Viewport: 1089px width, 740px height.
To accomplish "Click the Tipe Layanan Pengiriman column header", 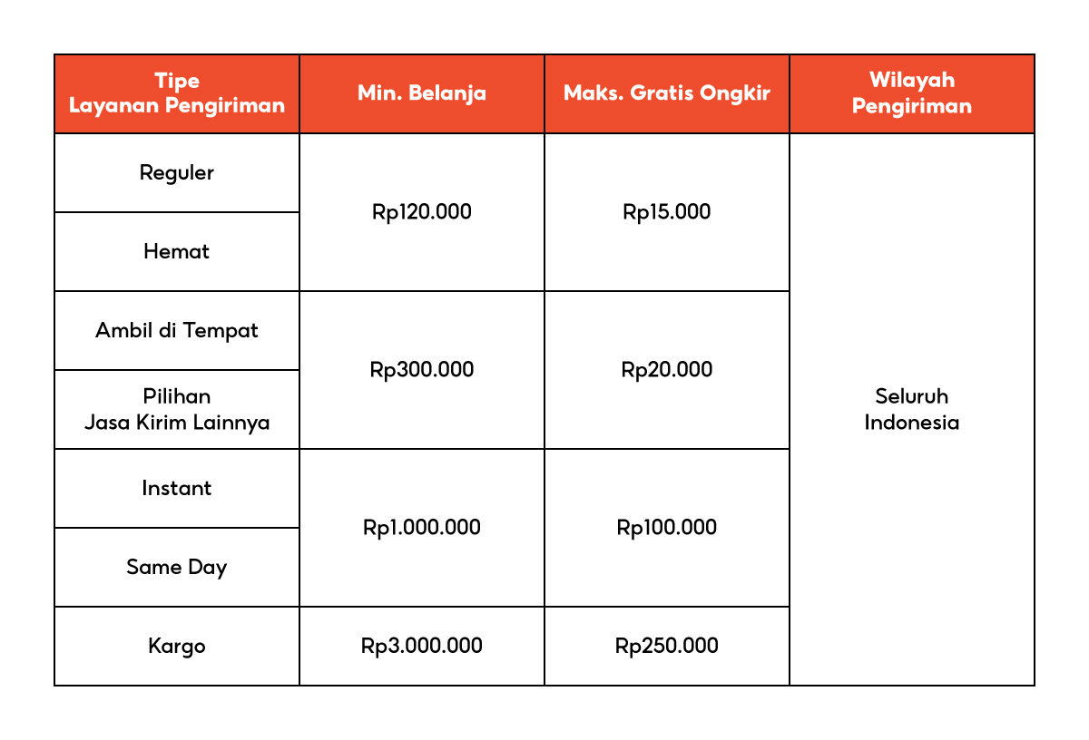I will click(x=177, y=93).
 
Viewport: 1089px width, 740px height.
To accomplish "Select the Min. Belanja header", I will click(x=422, y=93).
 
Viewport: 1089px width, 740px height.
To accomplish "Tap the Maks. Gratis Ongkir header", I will click(x=667, y=93).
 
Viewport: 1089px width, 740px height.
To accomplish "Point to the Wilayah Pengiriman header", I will click(x=912, y=93).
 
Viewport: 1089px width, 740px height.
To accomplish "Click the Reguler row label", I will click(x=177, y=172).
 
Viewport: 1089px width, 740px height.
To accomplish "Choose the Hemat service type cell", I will click(x=177, y=251).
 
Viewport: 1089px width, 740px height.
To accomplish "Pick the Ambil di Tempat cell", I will click(x=177, y=330).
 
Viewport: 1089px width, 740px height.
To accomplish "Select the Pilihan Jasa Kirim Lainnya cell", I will click(x=177, y=409).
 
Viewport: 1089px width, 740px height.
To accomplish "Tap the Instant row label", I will click(x=177, y=488).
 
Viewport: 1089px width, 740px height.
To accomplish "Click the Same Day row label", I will click(x=177, y=567).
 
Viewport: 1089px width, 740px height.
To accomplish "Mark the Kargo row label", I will click(x=177, y=646).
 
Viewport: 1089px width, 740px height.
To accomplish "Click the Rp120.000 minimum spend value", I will click(x=422, y=212).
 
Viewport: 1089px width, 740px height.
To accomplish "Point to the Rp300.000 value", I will click(x=422, y=370).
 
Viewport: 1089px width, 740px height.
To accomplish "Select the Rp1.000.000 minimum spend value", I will click(x=422, y=528).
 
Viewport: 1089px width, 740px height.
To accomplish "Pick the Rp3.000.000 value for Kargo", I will click(x=422, y=646).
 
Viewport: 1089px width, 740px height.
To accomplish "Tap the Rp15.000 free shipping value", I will click(x=667, y=212).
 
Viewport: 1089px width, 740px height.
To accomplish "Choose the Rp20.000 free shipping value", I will click(x=667, y=370).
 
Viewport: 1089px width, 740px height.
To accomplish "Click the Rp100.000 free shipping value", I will click(x=667, y=528).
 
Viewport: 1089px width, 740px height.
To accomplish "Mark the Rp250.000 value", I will click(x=667, y=646).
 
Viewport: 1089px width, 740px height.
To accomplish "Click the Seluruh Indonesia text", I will click(x=912, y=409).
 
